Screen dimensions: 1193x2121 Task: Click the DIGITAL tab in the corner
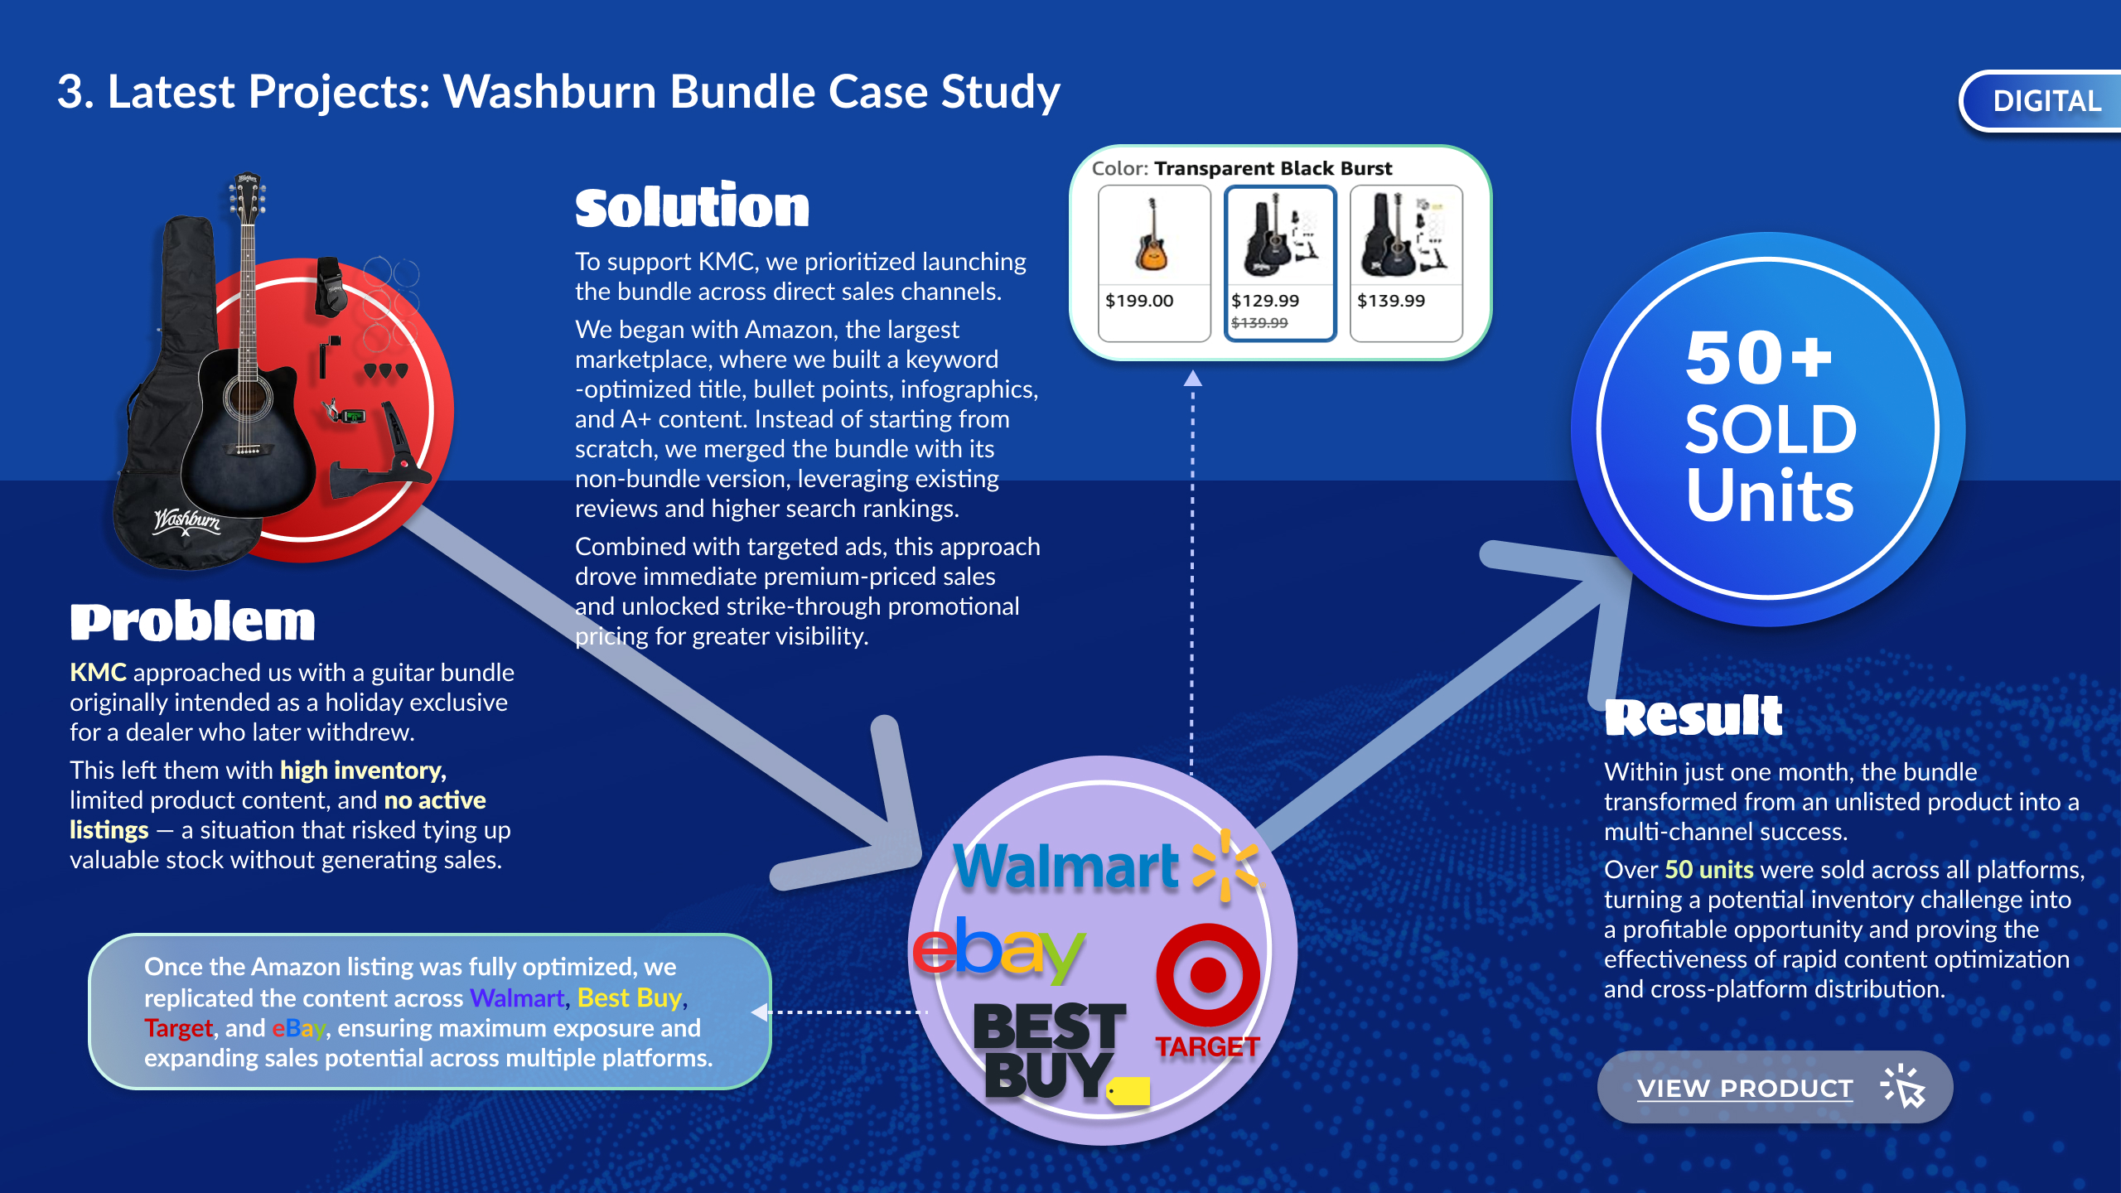tap(2046, 101)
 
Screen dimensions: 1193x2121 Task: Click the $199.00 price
tap(1139, 301)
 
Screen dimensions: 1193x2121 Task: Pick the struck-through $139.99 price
tap(1259, 323)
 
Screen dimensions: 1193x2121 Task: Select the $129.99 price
tap(1265, 301)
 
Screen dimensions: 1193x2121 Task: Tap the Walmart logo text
tap(1066, 867)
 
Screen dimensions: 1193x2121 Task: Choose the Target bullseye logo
tap(1207, 975)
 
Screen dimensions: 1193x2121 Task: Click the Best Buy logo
tap(1049, 1051)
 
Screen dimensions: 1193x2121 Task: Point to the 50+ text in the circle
tap(1758, 358)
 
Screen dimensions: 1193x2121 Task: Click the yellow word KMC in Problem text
tap(98, 672)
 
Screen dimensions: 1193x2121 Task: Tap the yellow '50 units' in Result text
tap(1708, 869)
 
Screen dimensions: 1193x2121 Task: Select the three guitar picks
tap(385, 370)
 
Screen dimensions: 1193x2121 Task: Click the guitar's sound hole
tap(246, 398)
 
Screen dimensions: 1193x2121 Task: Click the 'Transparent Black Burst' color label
tap(1273, 168)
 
